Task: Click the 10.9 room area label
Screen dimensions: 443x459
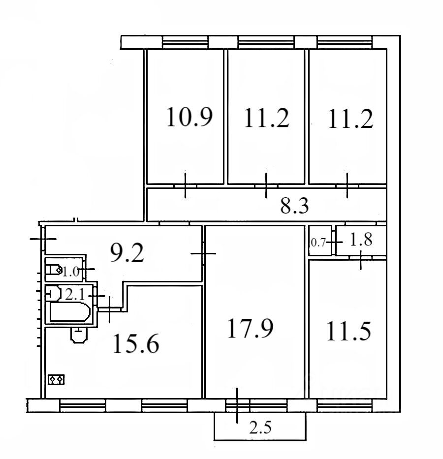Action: point(190,117)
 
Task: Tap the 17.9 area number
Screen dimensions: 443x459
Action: point(251,328)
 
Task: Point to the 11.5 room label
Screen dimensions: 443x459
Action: point(348,331)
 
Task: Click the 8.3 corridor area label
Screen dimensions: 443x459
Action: point(294,206)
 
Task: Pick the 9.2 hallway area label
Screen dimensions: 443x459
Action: point(127,253)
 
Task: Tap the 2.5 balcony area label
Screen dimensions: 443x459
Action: point(260,428)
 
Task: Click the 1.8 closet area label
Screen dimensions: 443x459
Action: point(361,240)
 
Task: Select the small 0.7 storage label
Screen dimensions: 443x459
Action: point(318,243)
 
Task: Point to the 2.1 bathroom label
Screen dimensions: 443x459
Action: point(75,295)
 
